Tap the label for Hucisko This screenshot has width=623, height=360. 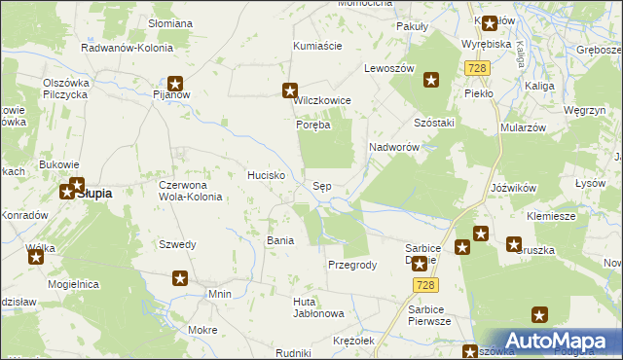[x=266, y=175]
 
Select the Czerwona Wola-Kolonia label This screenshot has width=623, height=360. [x=191, y=190]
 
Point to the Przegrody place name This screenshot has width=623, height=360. [x=352, y=265]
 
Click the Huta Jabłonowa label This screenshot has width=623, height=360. [x=319, y=307]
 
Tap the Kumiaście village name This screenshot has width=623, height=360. [x=317, y=46]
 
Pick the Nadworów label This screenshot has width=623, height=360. [x=394, y=147]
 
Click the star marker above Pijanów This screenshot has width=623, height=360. [x=176, y=84]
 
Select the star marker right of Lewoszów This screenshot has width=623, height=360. [x=429, y=82]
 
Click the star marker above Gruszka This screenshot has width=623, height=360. [x=513, y=245]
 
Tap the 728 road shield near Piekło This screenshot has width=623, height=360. [x=477, y=68]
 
